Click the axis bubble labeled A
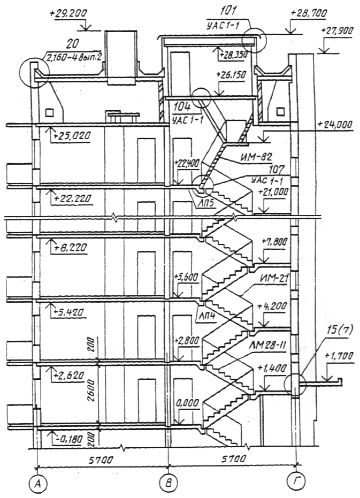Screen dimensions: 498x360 click(37, 484)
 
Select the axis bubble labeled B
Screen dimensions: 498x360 click(168, 484)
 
